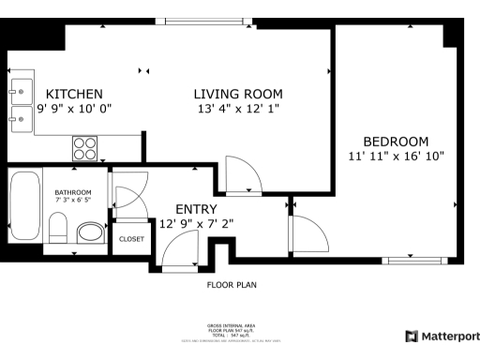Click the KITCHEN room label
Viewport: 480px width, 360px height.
tap(74, 94)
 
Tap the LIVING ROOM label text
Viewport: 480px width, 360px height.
tap(237, 94)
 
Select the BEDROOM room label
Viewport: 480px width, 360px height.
tap(396, 142)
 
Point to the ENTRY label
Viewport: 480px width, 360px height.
tap(196, 209)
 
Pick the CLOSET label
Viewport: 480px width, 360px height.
tap(131, 239)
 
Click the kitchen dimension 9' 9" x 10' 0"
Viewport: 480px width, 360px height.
tap(74, 109)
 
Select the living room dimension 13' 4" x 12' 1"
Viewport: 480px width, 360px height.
tap(237, 109)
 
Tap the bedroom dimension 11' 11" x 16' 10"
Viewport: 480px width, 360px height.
tap(396, 156)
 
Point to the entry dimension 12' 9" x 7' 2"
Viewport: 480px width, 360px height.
tap(196, 224)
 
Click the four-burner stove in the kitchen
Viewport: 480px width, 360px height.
tap(85, 148)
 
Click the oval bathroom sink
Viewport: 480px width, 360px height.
tap(91, 232)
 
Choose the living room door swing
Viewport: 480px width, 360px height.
tap(246, 174)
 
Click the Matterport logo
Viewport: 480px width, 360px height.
tap(440, 336)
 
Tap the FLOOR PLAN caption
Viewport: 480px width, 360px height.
tap(232, 285)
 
